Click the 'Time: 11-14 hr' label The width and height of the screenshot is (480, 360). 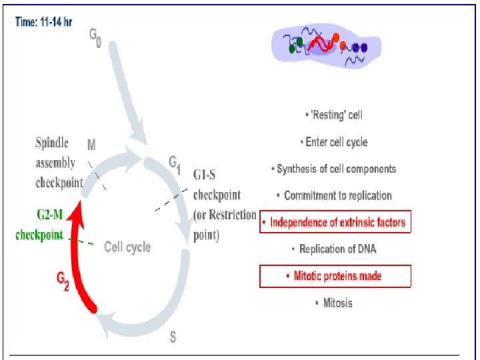click(x=44, y=21)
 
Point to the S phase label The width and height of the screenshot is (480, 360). click(x=173, y=337)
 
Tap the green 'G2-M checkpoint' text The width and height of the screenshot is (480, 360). click(x=39, y=225)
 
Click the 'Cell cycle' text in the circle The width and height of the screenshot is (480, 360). click(x=127, y=247)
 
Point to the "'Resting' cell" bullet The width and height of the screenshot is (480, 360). click(x=335, y=115)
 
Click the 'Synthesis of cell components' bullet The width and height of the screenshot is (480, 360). click(x=335, y=169)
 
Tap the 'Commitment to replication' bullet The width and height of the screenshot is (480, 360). click(x=335, y=195)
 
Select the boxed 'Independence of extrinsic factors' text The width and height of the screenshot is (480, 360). click(x=335, y=222)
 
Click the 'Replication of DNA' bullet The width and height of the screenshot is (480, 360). click(x=335, y=249)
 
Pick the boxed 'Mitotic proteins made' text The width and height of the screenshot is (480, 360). click(x=335, y=276)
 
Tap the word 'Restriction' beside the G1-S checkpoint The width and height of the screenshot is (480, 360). click(x=233, y=215)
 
